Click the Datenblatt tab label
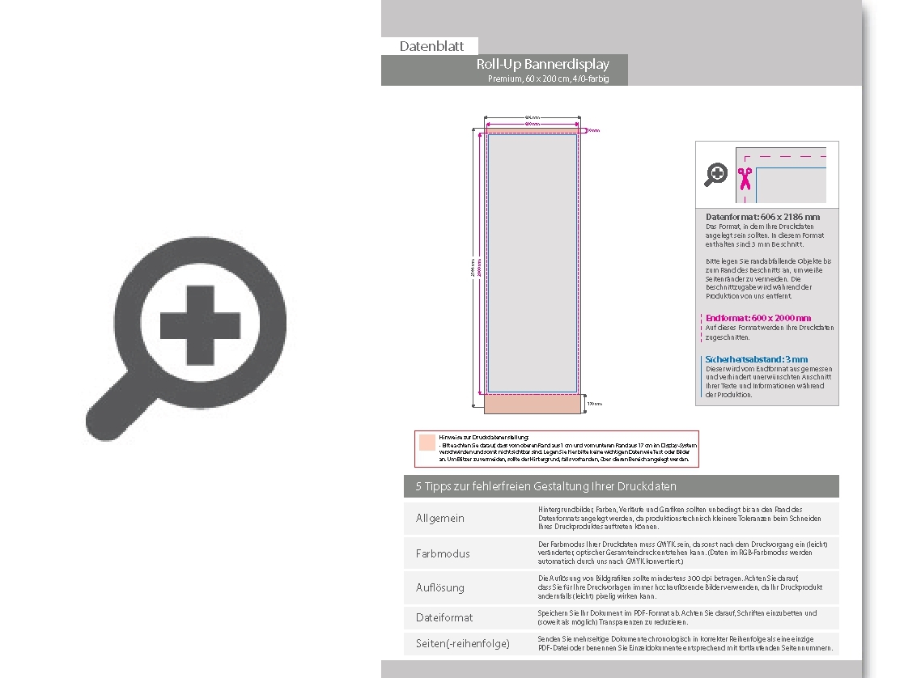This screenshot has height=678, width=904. (431, 46)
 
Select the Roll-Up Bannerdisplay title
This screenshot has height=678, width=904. (542, 64)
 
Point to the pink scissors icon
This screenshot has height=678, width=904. (745, 178)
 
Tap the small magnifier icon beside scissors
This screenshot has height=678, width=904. (716, 174)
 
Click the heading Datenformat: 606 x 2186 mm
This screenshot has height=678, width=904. (762, 217)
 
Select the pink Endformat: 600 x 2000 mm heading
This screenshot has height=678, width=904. (758, 318)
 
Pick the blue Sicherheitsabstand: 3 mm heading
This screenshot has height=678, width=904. (757, 359)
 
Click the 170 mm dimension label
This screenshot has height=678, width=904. (595, 403)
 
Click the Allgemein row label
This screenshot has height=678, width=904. (440, 518)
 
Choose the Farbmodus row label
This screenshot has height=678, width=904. (443, 553)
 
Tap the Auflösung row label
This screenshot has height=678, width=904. (440, 587)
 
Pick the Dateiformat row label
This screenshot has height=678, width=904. (444, 617)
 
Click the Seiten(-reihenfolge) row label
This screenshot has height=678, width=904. (463, 643)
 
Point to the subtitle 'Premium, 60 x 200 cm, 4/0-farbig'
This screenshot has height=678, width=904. (548, 78)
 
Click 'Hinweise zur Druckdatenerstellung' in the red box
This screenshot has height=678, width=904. (483, 436)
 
